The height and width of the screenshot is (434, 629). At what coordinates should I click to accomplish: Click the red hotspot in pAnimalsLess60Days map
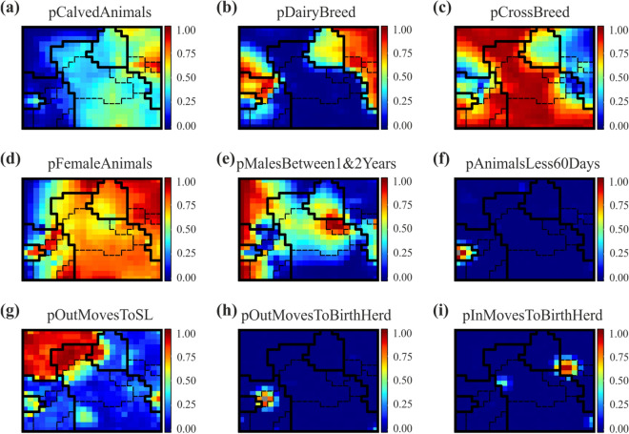point(464,254)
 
